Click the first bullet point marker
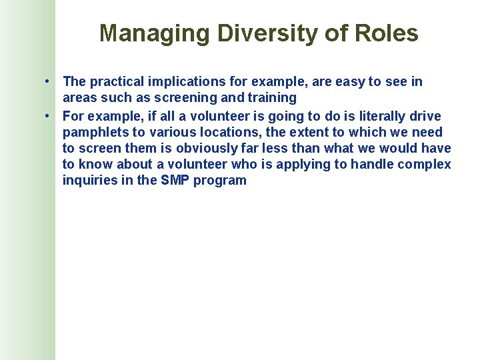pos(49,82)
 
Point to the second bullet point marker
pos(49,117)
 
